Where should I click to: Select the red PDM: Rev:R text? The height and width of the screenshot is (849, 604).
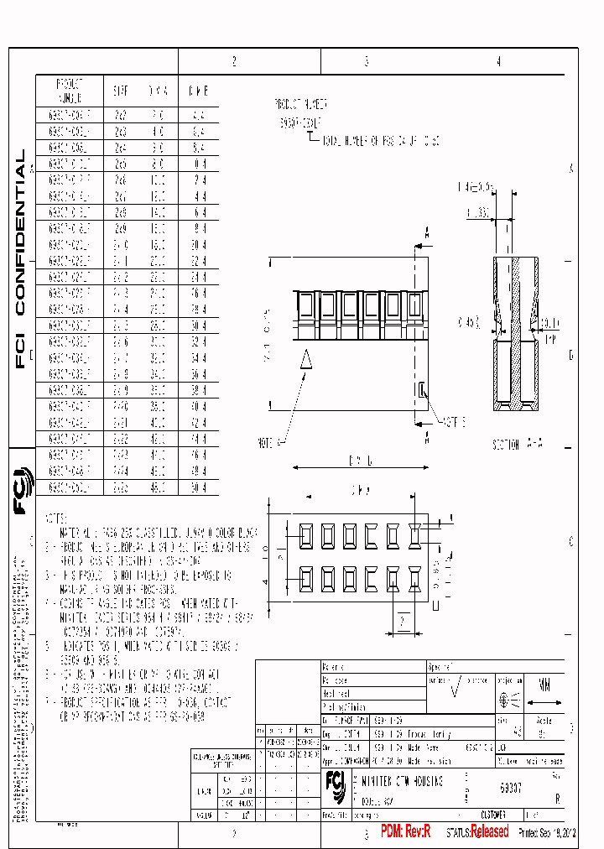point(405,831)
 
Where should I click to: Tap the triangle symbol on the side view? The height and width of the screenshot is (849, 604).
point(306,359)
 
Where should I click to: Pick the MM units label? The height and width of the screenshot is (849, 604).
point(546,684)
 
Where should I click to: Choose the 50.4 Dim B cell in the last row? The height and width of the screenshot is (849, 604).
point(199,486)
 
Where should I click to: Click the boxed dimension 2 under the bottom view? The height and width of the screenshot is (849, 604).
point(402,621)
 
